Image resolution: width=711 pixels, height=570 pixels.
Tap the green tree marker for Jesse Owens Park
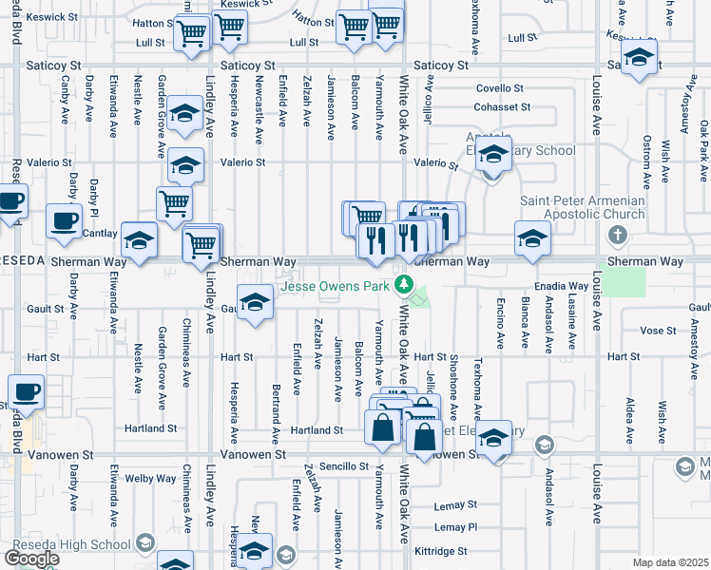(404, 283)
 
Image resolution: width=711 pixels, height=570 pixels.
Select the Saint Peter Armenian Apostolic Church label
(583, 208)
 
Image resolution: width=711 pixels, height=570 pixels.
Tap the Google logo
(31, 559)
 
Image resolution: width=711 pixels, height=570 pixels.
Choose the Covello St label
(501, 87)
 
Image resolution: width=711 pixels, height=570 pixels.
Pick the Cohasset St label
(503, 106)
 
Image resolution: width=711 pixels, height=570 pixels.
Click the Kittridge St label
(441, 550)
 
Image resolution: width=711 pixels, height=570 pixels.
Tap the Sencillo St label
(343, 466)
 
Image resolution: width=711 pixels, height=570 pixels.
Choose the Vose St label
(657, 330)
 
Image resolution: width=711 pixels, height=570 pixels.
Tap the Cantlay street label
(99, 233)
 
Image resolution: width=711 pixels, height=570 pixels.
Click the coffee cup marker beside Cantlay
(65, 221)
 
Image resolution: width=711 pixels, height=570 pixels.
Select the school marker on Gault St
(254, 303)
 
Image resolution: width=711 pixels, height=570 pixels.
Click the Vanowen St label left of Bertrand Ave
(252, 455)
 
